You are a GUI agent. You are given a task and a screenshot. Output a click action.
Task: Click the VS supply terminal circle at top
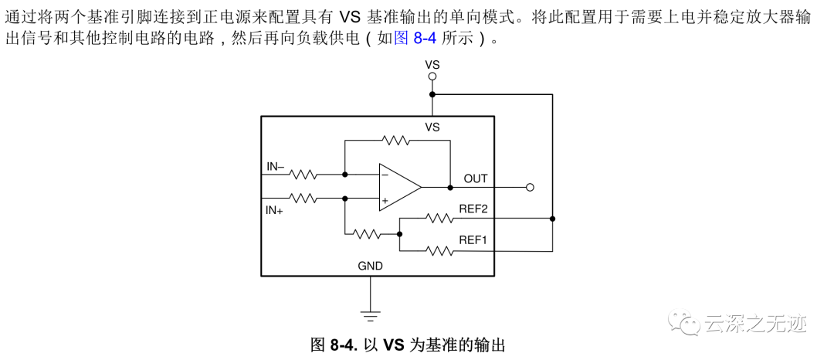tap(432, 76)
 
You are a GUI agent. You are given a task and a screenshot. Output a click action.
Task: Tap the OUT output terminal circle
tap(529, 187)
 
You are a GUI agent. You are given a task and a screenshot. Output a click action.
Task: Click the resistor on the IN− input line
tap(303, 175)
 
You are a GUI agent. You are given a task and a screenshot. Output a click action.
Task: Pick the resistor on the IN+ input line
tap(303, 198)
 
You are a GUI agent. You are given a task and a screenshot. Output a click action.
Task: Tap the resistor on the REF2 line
tap(439, 219)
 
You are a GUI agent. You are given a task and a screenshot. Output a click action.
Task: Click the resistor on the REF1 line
tap(439, 250)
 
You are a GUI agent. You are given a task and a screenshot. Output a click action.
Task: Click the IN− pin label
tap(276, 165)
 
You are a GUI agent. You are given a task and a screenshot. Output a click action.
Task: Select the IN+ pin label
tap(275, 209)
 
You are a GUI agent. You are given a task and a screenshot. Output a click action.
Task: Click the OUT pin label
tap(476, 178)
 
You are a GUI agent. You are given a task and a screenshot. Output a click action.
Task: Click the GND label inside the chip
tap(371, 266)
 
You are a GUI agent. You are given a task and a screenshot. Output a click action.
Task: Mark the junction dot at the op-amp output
tap(450, 187)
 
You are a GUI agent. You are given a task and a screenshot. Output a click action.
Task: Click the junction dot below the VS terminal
tap(432, 94)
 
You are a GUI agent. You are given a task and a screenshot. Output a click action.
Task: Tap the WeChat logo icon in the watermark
tap(682, 322)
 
